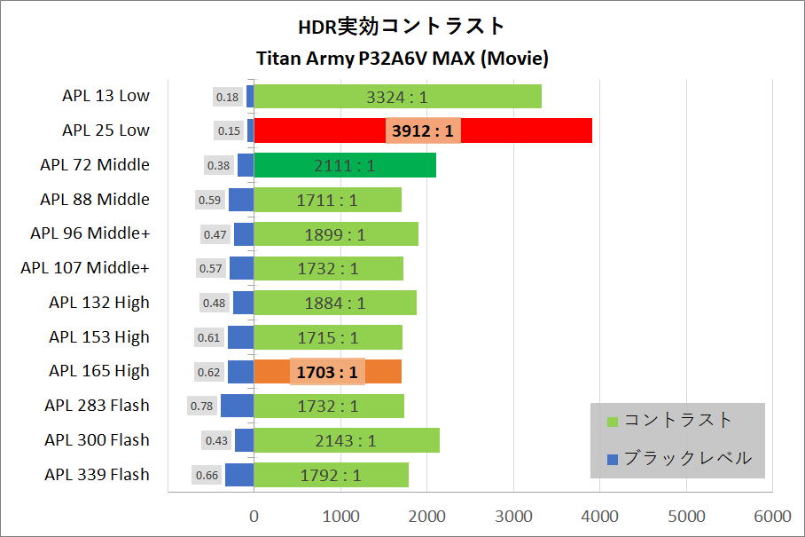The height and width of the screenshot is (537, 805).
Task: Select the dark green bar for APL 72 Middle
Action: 345,165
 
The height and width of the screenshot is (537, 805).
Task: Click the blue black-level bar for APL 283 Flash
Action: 237,406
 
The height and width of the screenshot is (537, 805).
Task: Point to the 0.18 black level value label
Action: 228,97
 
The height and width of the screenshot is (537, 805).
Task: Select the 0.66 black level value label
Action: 207,475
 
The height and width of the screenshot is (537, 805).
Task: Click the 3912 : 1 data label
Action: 423,130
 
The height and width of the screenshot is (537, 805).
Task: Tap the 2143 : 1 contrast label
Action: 346,440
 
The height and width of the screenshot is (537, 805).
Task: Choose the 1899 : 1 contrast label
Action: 335,234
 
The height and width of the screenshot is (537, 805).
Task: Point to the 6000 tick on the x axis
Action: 772,516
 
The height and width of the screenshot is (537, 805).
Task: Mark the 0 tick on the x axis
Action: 254,516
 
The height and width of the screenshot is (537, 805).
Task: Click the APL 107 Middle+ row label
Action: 85,268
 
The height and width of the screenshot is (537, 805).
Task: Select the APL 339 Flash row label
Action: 97,475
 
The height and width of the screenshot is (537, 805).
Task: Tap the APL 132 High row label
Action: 99,303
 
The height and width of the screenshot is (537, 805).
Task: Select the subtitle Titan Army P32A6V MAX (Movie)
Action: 402,59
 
